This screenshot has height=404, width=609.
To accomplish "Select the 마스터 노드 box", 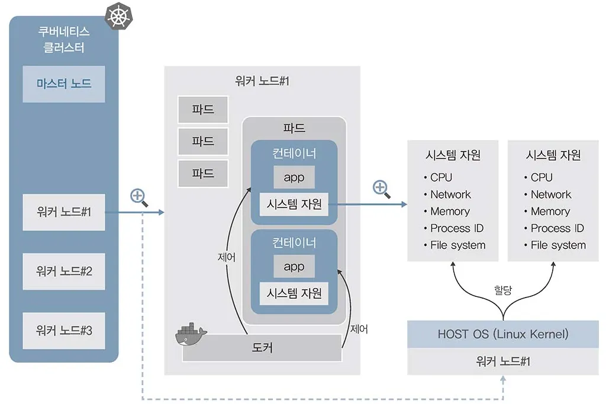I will pyautogui.click(x=64, y=84).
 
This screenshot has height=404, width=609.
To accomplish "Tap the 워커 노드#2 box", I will pyautogui.click(x=64, y=272).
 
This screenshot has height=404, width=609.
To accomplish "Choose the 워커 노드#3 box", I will pyautogui.click(x=64, y=331).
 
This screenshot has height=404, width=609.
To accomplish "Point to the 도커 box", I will pyautogui.click(x=262, y=348).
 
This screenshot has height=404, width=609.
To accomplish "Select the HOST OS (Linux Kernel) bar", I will pyautogui.click(x=503, y=334).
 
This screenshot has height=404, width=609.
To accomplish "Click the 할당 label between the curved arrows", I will pyautogui.click(x=502, y=290).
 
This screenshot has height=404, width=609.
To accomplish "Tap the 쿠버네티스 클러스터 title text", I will pyautogui.click(x=64, y=40).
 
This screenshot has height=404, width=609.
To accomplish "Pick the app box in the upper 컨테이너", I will pyautogui.click(x=294, y=177).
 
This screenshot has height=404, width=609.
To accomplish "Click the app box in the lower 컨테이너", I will pyautogui.click(x=294, y=267).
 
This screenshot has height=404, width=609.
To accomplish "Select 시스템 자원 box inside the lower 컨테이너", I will pyautogui.click(x=294, y=293).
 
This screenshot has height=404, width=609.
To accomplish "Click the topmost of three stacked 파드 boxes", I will pyautogui.click(x=203, y=110).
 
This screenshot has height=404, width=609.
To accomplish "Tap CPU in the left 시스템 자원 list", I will pyautogui.click(x=442, y=177).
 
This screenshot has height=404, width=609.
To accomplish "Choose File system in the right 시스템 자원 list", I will pyautogui.click(x=558, y=245).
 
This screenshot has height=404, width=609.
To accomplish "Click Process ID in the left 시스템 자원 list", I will pyautogui.click(x=457, y=228).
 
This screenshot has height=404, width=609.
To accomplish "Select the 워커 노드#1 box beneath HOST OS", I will pyautogui.click(x=503, y=361).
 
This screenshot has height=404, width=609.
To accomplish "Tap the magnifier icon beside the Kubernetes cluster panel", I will pyautogui.click(x=139, y=198).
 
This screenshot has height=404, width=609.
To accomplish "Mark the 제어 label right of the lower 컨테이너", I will pyautogui.click(x=359, y=329).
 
